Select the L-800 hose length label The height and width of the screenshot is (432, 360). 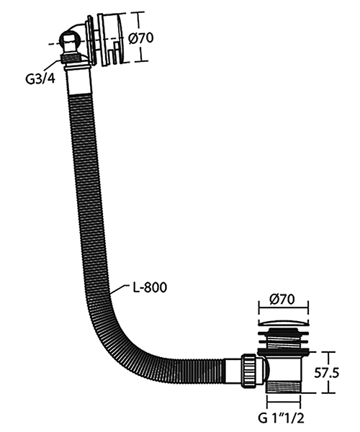pyautogui.click(x=150, y=287)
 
